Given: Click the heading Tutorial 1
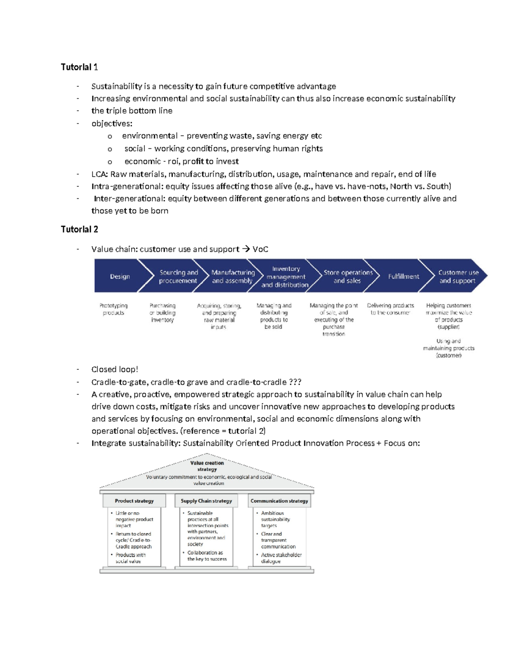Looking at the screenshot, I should coord(79,67).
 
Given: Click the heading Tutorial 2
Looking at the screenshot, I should coord(79,229).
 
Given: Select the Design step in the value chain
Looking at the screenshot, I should coord(120,277).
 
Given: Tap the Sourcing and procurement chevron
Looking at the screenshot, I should coord(178,277).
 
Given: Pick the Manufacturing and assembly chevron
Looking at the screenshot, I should coord(233,277).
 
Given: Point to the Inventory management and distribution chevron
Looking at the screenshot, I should coord(285,277).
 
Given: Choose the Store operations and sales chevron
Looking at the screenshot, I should coord(348,277).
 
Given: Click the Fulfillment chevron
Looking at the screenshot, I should coord(403,277).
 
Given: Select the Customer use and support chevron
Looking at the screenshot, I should coord(458,277).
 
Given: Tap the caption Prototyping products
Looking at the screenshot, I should coord(113,309).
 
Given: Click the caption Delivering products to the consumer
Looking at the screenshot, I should coord(390,309).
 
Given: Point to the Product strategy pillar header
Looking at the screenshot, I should coord(134,501).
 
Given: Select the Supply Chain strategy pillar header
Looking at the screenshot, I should coord(206,501).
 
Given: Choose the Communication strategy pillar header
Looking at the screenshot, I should coord(279,501).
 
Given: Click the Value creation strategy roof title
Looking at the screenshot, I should coord(207,466).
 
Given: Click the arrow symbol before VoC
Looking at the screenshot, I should coord(246,249).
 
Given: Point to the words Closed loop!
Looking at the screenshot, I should coord(115,369).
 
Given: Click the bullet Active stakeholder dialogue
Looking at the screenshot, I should coord(280,558).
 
